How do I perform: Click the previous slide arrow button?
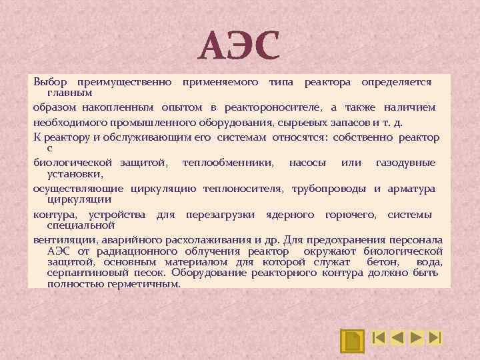click(397, 337)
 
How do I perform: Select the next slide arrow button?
click(417, 337)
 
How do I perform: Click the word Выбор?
click(50, 81)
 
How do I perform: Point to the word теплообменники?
click(227, 163)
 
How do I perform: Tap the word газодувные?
click(405, 163)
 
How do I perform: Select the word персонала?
click(414, 239)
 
